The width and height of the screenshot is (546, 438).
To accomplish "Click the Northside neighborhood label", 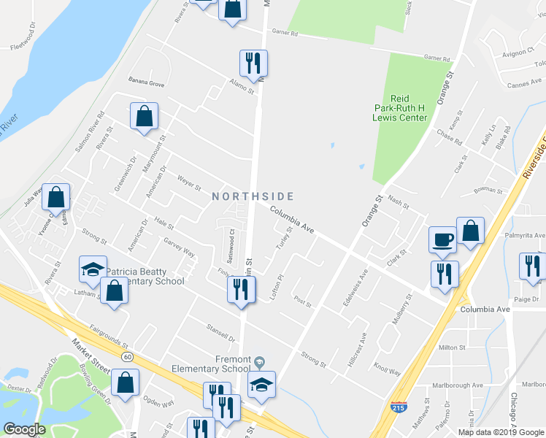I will (x=253, y=196).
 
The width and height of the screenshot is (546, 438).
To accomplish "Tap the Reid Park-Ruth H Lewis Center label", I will (x=399, y=107).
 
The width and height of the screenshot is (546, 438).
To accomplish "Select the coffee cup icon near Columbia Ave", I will (x=442, y=239).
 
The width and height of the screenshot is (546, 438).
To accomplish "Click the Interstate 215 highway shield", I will (x=399, y=407).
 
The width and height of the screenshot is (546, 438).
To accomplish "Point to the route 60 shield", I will (x=128, y=356).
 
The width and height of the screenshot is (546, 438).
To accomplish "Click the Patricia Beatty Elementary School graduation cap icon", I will (x=93, y=269).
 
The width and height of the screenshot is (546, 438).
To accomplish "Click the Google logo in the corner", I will (x=24, y=429).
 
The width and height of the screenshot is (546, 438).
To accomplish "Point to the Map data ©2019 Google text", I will (x=501, y=432).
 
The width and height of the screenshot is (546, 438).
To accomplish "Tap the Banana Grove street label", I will (x=147, y=85).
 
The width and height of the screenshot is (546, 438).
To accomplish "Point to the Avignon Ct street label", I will (x=520, y=53).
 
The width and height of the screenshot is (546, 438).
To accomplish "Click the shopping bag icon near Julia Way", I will (x=56, y=196).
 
